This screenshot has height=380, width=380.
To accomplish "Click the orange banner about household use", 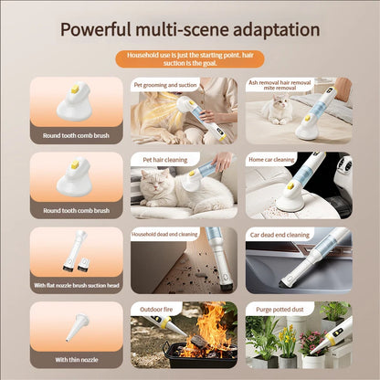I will [190, 59].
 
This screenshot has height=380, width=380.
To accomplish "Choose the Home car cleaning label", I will [272, 160].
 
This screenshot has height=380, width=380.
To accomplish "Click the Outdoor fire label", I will [152, 310].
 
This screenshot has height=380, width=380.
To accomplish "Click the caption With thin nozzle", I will [76, 360].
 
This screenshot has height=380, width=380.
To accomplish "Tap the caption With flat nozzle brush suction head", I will [76, 285].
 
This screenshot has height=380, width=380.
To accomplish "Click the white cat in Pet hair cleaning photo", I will [164, 192].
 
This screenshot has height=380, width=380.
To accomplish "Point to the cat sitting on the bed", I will [274, 111].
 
